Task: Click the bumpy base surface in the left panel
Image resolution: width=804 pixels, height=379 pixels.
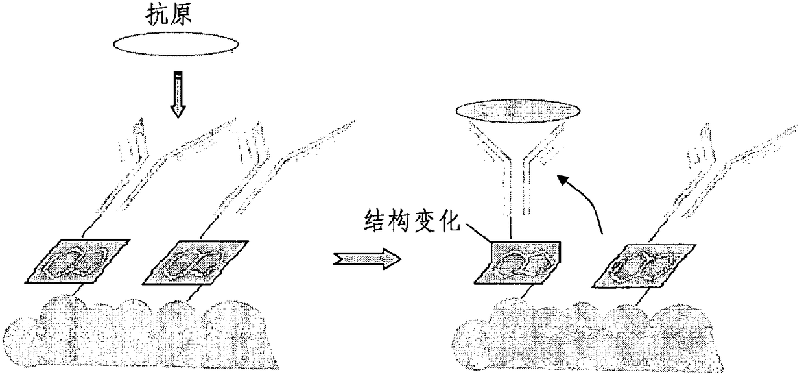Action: [143, 331]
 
